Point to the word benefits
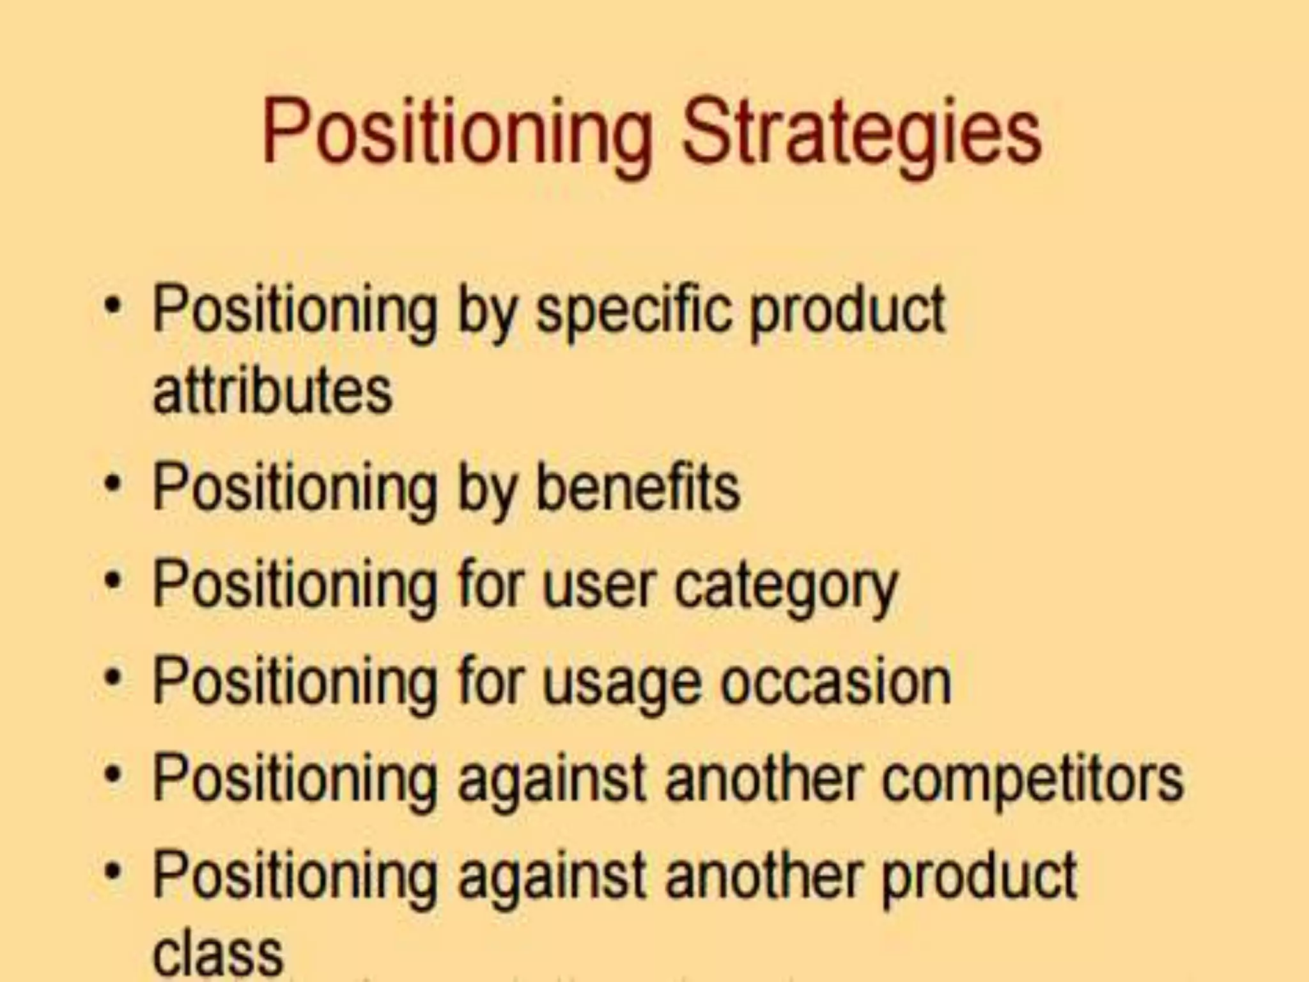[637, 488]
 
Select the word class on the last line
[218, 953]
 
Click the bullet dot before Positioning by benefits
[113, 485]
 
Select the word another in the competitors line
[764, 779]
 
